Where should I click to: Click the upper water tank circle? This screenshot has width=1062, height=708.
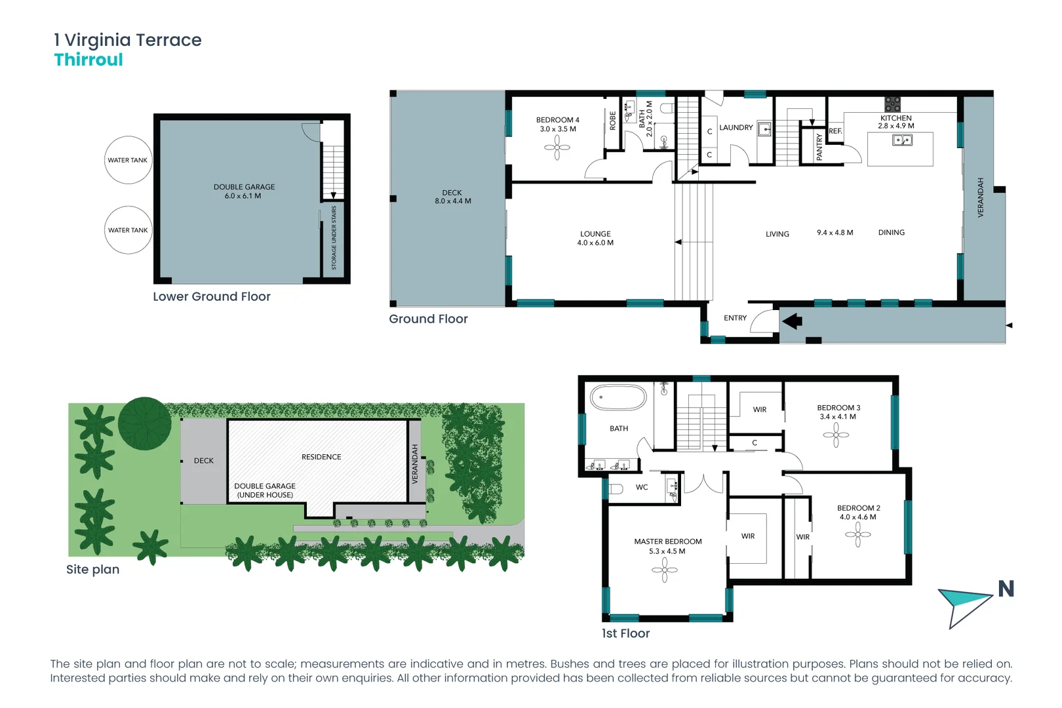[128, 160]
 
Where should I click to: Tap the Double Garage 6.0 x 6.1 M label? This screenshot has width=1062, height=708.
[244, 191]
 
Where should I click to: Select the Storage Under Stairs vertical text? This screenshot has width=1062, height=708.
[334, 237]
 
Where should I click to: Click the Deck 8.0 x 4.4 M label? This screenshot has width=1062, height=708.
[452, 197]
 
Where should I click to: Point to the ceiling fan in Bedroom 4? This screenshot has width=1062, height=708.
[557, 147]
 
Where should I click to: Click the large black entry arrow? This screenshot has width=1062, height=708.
[792, 321]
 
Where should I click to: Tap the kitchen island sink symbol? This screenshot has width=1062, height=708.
[902, 140]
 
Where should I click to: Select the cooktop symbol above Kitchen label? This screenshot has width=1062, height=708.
[892, 104]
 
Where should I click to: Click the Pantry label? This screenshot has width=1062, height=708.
[819, 147]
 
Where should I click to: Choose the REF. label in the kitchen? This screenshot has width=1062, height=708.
[835, 131]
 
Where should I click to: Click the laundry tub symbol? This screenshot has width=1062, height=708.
[764, 129]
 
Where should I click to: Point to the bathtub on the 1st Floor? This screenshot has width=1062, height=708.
[618, 397]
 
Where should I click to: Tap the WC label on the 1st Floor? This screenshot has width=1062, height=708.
[642, 487]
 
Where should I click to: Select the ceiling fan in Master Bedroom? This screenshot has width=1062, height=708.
[665, 570]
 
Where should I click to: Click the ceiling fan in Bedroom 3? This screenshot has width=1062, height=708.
[836, 435]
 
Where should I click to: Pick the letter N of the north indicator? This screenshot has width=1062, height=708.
[1006, 589]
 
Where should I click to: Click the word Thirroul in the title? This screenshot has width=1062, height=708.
[88, 60]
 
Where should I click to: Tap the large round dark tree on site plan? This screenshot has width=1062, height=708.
[145, 423]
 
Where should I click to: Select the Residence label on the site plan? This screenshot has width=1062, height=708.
[321, 457]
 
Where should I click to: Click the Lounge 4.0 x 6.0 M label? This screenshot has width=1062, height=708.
[595, 239]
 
